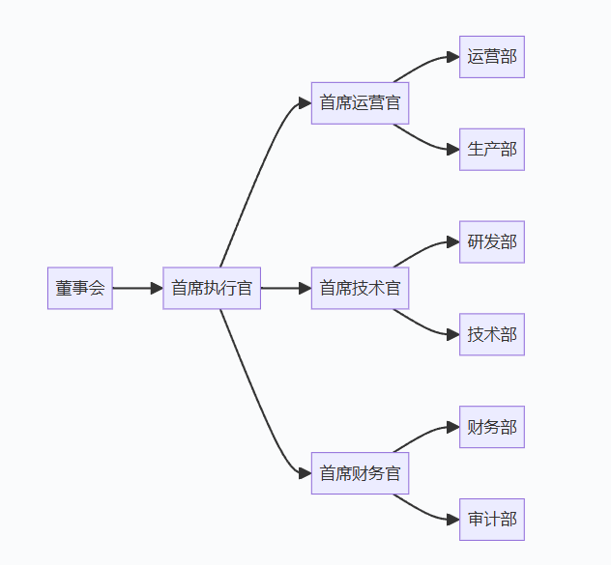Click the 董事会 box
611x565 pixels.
click(80, 288)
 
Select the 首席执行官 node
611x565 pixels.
click(212, 288)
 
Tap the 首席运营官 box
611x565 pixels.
click(360, 102)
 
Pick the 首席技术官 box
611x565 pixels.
click(360, 288)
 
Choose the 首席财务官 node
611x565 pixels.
click(360, 473)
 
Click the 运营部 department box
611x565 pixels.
click(491, 56)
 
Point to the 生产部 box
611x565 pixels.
click(491, 149)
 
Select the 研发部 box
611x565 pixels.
click(491, 241)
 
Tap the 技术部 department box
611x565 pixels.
click(491, 334)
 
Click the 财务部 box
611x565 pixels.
click(491, 427)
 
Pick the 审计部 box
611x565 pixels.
click(491, 520)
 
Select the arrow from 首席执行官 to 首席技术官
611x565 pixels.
click(284, 288)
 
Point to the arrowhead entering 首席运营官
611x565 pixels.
click(305, 102)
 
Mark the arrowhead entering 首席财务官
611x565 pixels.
click(305, 473)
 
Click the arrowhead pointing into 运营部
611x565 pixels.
click(452, 56)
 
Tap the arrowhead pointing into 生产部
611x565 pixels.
click(452, 149)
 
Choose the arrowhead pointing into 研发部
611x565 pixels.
click(452, 241)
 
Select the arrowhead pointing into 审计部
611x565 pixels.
click(452, 520)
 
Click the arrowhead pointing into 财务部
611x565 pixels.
click(452, 427)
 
